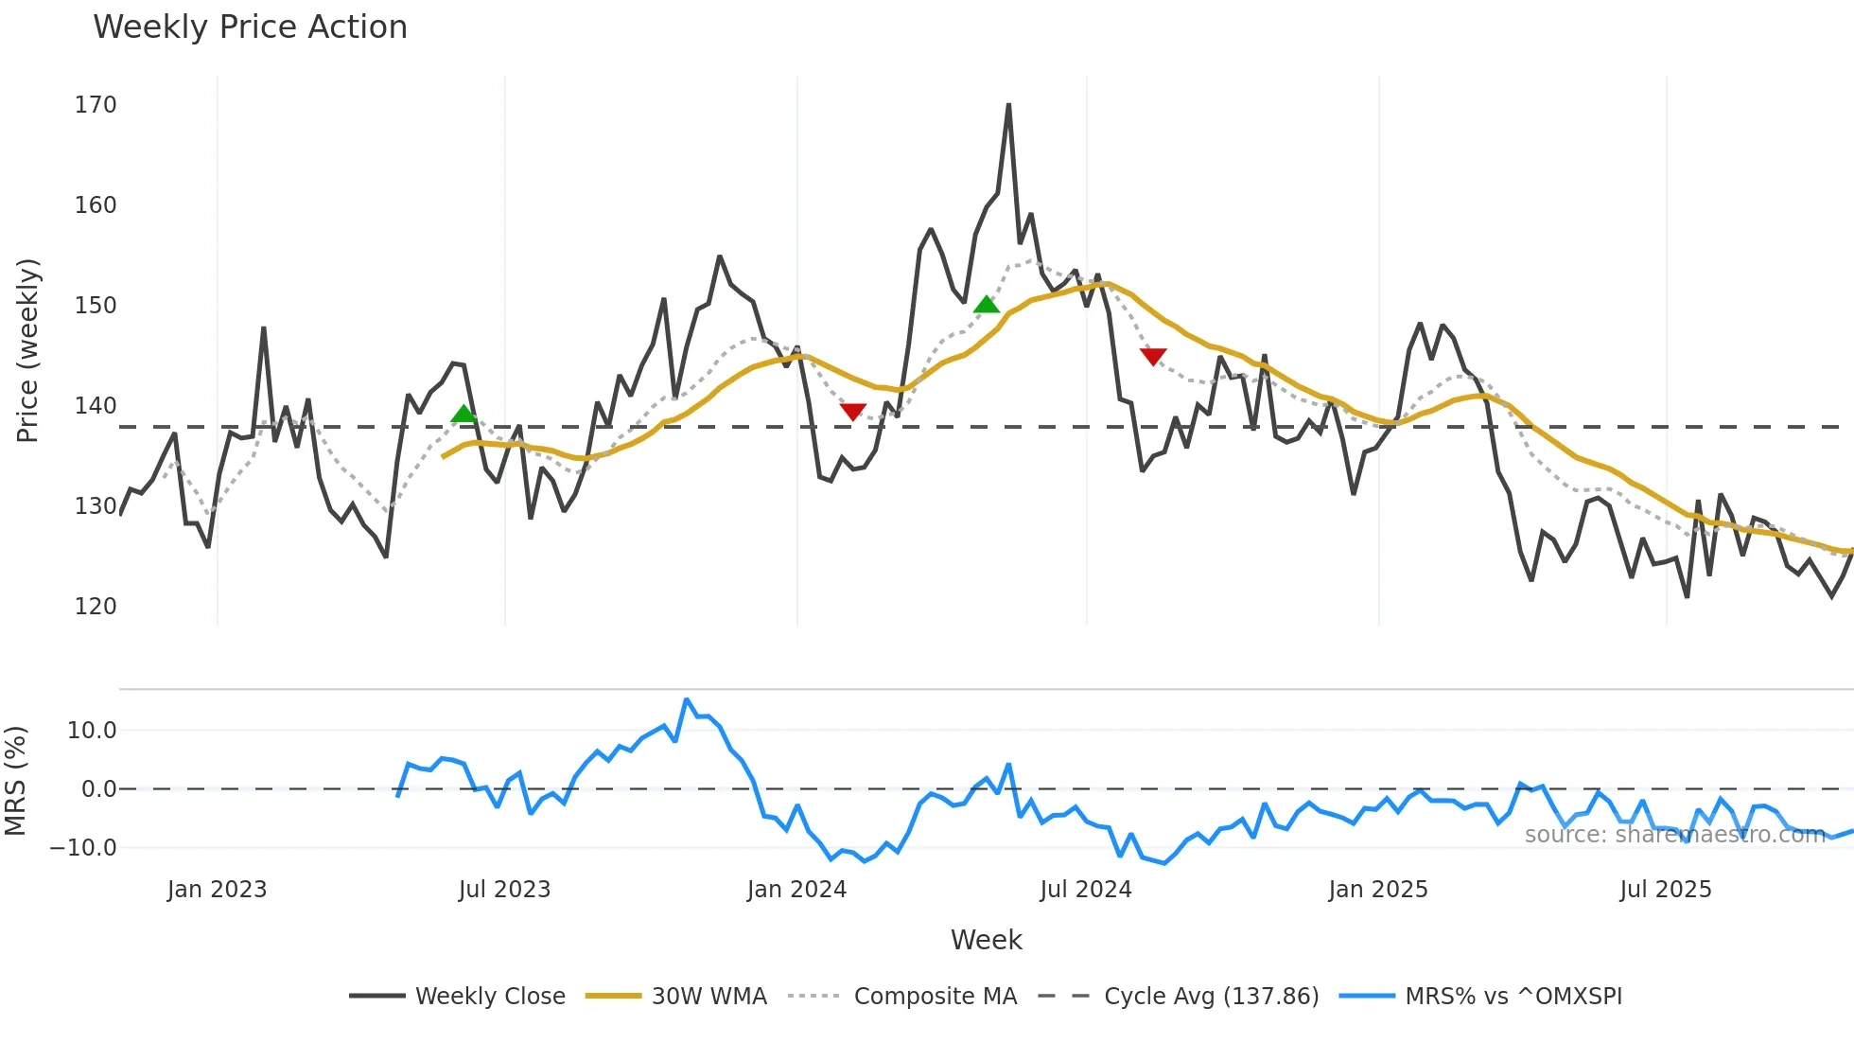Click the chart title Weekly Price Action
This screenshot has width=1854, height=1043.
(x=250, y=27)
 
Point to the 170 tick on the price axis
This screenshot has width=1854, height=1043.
(x=96, y=105)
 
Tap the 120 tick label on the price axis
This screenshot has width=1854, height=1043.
(x=96, y=607)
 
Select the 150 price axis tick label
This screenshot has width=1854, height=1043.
(x=96, y=306)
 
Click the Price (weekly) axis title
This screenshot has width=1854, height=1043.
(x=27, y=350)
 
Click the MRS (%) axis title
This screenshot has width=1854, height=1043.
(x=15, y=781)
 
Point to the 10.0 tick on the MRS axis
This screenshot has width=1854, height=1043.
(x=92, y=731)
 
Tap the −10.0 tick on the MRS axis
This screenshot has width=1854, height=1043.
(x=83, y=848)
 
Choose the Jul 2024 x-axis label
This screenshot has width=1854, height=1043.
(x=1085, y=890)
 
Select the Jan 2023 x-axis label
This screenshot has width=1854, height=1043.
(x=217, y=890)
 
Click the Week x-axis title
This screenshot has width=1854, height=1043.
(x=986, y=940)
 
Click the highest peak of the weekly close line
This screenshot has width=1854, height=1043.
(x=1008, y=105)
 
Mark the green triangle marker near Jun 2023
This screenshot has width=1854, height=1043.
(x=463, y=414)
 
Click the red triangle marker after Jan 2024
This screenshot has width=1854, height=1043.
(x=852, y=412)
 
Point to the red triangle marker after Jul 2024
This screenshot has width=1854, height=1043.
(x=1153, y=356)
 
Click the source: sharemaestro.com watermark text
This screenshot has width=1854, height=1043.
(x=1674, y=835)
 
